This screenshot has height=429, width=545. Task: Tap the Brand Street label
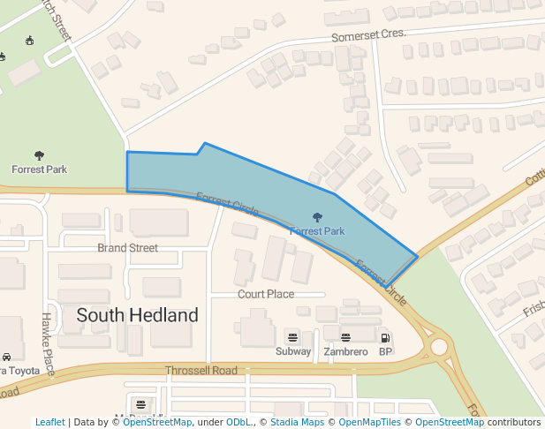click(x=127, y=248)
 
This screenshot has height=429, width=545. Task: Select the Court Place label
click(x=266, y=294)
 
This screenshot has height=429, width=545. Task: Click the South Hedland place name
click(x=137, y=315)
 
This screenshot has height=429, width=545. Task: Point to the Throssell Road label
click(x=201, y=370)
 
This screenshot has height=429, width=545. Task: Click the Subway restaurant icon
click(x=292, y=337)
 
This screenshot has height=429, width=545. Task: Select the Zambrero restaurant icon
click(x=345, y=337)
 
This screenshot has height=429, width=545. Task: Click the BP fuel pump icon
click(x=385, y=337)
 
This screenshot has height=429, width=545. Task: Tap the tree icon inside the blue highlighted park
click(x=317, y=217)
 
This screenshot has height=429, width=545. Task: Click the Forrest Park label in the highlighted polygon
click(x=317, y=231)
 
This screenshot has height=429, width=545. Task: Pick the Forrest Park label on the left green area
click(x=39, y=169)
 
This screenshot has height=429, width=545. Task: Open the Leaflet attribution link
click(x=49, y=422)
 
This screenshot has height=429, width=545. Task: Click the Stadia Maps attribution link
click(x=297, y=422)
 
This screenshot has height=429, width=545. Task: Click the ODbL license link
click(x=239, y=422)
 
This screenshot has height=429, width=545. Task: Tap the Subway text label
click(x=293, y=351)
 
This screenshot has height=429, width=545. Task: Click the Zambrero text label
click(x=344, y=351)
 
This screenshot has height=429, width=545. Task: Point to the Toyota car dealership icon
click(x=6, y=357)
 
